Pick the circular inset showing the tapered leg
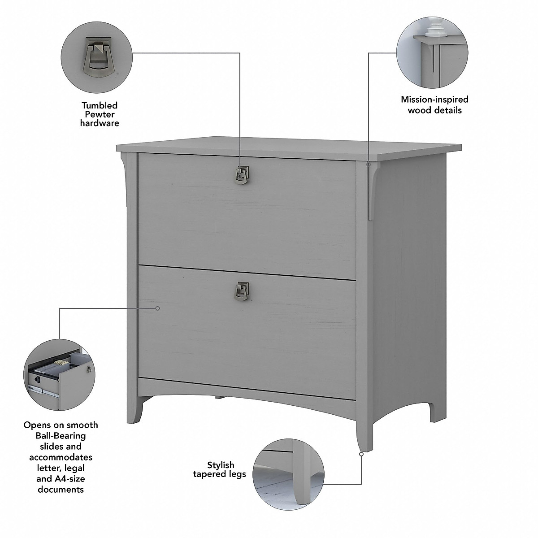coord(288,473)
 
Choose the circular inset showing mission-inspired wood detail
coord(433,52)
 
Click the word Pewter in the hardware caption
coord(99,114)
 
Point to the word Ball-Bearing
coord(61,435)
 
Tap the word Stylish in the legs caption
coord(220,465)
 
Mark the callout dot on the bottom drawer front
coord(158,308)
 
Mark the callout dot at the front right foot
coord(361,454)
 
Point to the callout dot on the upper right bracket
coord(368,164)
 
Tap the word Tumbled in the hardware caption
coord(99,105)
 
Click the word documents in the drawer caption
coord(61,489)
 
